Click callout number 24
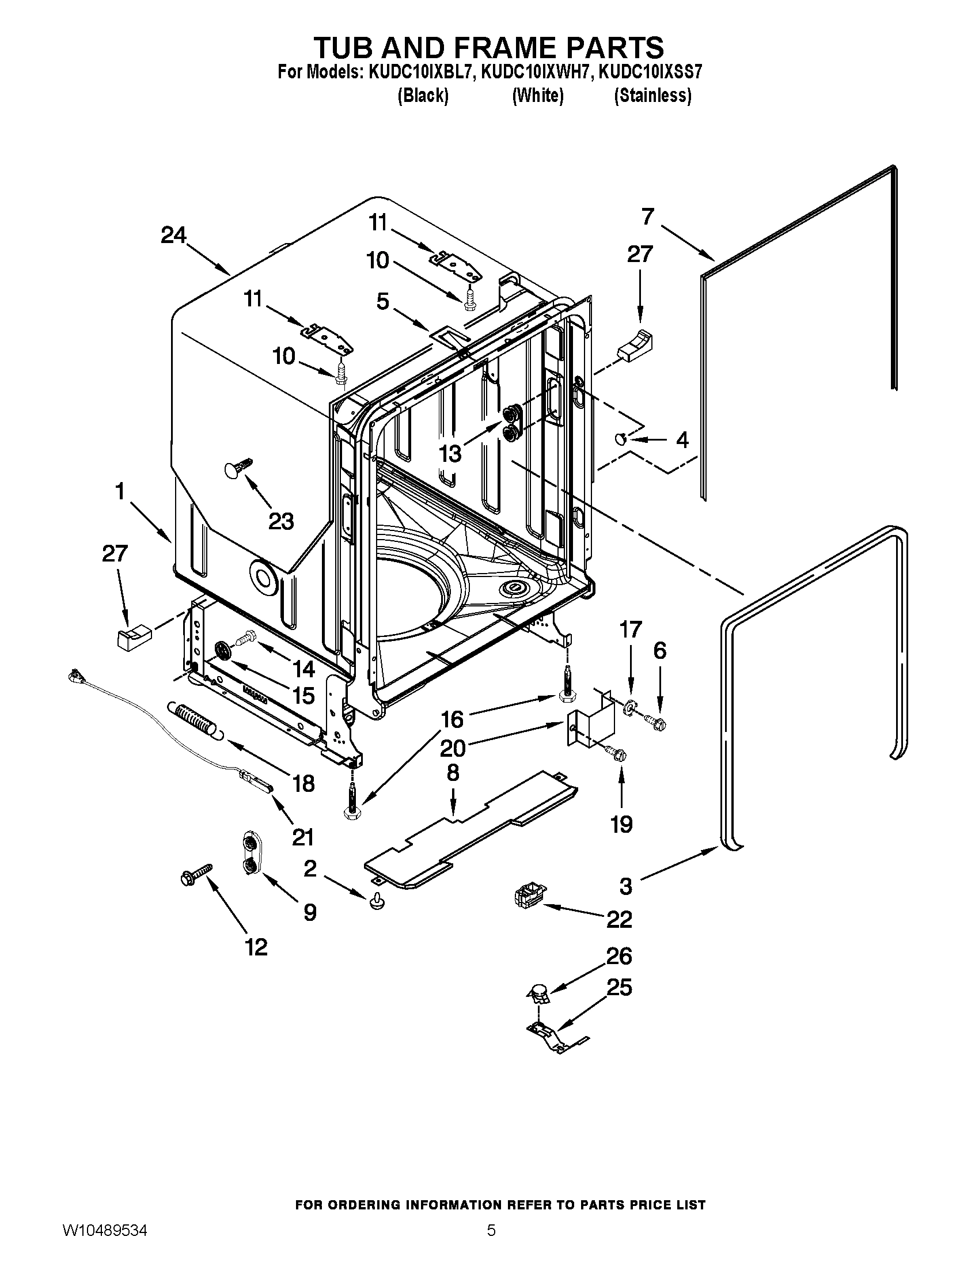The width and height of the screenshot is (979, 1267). (173, 235)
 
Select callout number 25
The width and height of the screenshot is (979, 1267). (619, 987)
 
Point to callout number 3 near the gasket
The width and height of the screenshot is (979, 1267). (625, 886)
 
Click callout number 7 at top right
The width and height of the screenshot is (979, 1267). (648, 217)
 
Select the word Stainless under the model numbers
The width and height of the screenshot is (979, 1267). (652, 96)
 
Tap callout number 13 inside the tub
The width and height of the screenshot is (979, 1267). (450, 453)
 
